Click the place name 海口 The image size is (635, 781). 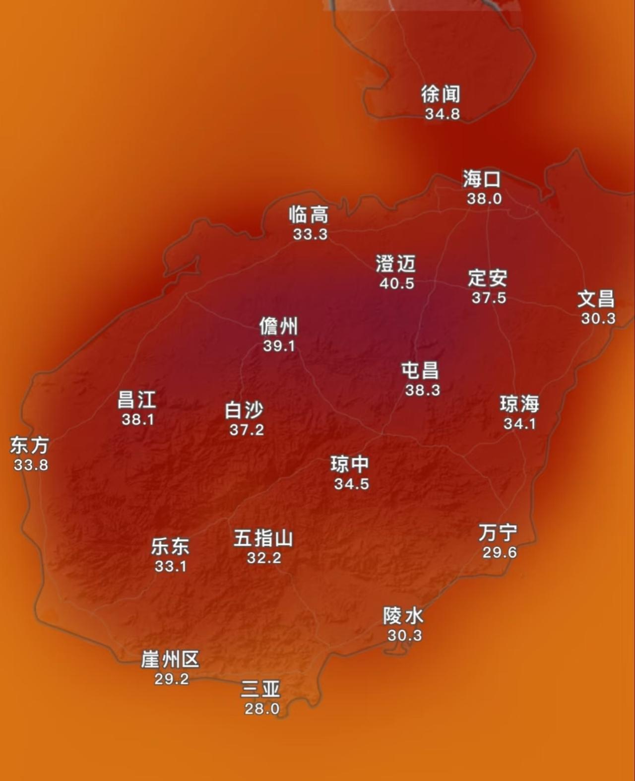click(x=482, y=179)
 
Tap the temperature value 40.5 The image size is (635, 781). click(x=396, y=283)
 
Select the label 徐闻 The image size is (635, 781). click(x=441, y=94)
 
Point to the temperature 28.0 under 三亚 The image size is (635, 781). click(x=262, y=709)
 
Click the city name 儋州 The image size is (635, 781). click(x=279, y=326)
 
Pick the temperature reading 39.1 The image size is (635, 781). click(x=279, y=346)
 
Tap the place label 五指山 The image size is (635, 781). click(x=263, y=538)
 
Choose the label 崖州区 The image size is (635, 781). click(x=170, y=660)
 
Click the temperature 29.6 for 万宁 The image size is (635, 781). click(x=500, y=552)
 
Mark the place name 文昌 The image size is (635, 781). click(x=596, y=299)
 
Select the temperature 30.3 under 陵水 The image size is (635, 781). click(x=404, y=635)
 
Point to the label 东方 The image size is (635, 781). click(x=30, y=445)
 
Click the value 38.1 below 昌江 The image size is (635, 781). click(x=138, y=419)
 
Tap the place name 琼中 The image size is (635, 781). click(x=350, y=464)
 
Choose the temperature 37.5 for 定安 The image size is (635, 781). click(x=489, y=298)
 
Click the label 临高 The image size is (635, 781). click(x=309, y=215)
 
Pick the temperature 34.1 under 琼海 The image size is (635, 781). click(x=519, y=424)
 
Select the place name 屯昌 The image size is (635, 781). click(x=420, y=371)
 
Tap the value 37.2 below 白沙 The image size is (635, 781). click(x=247, y=430)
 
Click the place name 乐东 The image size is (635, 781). click(x=170, y=547)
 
